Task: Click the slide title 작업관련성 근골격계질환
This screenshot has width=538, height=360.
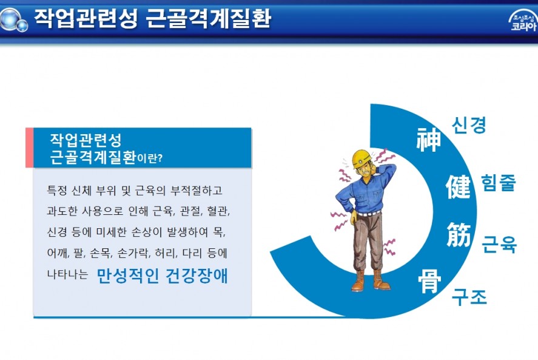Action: (x=153, y=18)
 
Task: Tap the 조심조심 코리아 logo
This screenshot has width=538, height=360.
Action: (x=523, y=21)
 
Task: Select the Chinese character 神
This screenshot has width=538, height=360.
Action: (x=428, y=140)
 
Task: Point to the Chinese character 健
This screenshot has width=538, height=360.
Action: (x=458, y=186)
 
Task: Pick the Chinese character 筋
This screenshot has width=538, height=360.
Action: (x=459, y=234)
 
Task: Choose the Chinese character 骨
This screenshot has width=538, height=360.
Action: (x=429, y=281)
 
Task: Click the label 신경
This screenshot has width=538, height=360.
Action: (x=469, y=124)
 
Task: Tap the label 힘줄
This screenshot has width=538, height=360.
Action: (x=499, y=182)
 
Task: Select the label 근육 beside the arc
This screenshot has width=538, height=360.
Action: (x=499, y=244)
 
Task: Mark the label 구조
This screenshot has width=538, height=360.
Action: (x=469, y=297)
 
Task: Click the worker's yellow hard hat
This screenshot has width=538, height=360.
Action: (x=362, y=158)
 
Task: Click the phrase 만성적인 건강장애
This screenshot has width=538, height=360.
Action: (x=163, y=275)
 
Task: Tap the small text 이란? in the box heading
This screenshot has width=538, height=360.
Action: (x=150, y=158)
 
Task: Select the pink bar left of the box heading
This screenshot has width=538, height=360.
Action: (x=30, y=148)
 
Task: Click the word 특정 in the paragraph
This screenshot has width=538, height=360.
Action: (x=57, y=190)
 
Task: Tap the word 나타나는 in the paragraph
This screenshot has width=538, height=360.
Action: (x=67, y=274)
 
